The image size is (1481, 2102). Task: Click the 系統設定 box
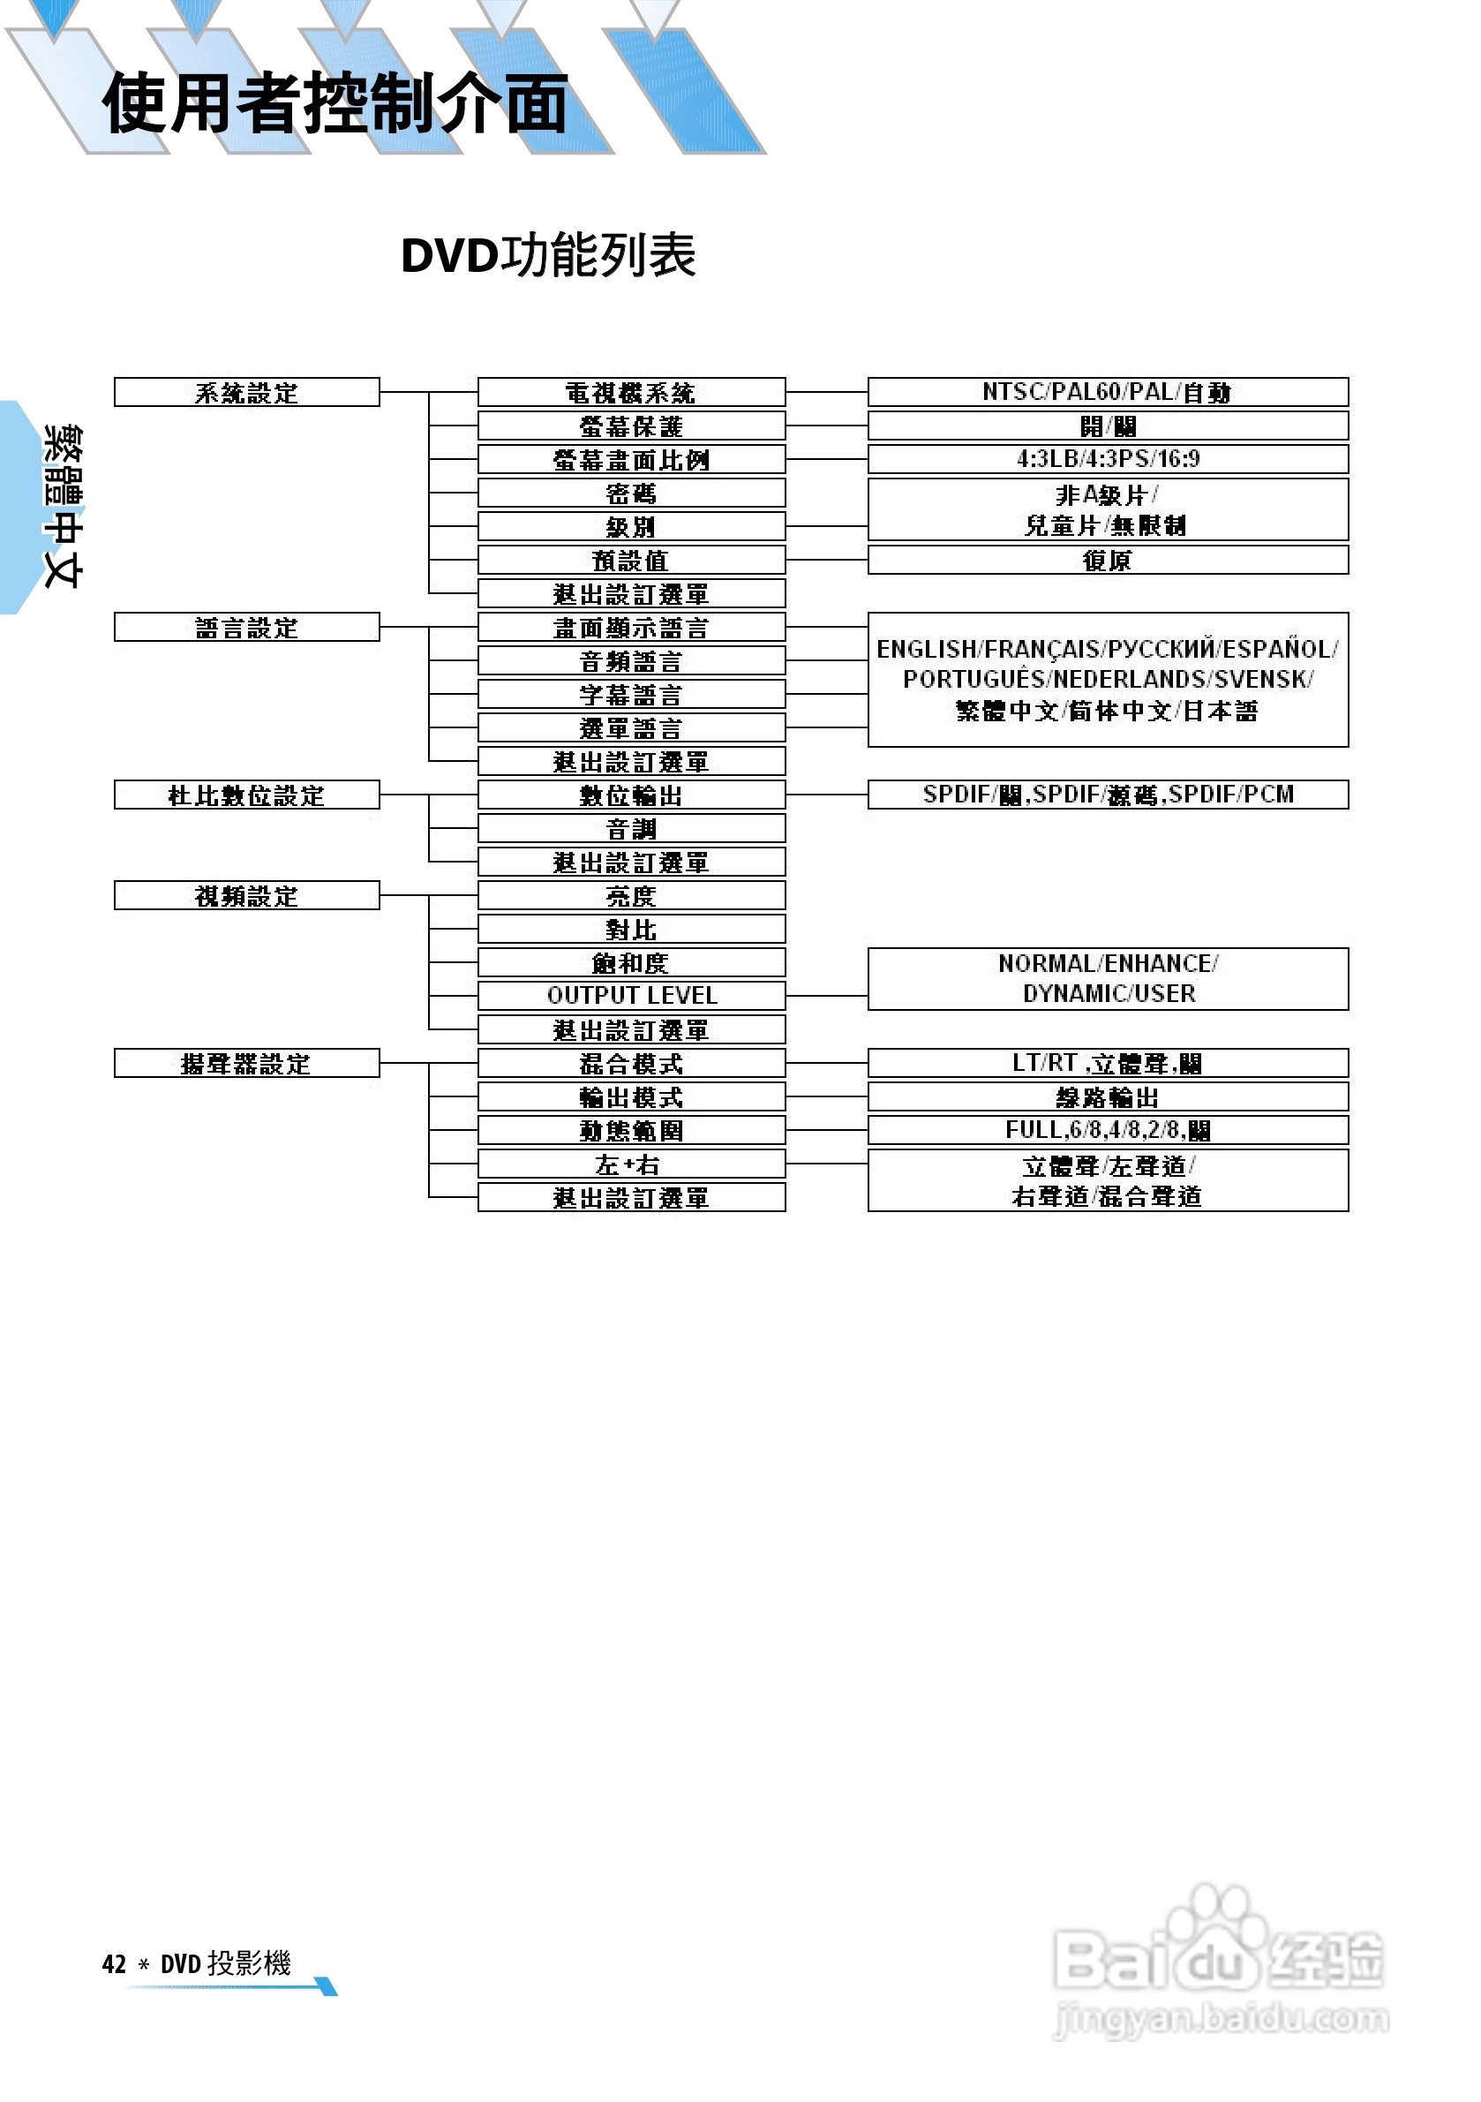point(246,392)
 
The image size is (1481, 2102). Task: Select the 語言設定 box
point(246,627)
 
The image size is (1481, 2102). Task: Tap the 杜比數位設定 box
point(246,795)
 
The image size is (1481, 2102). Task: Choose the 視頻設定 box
point(246,895)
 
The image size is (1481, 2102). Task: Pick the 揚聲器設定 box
point(246,1063)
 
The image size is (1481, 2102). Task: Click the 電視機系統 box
point(631,392)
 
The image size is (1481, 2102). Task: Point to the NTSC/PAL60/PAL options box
point(1108,392)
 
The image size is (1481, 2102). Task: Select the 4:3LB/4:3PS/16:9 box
point(1108,459)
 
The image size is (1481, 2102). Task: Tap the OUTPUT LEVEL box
point(631,995)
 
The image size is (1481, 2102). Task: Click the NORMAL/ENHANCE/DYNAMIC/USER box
point(1108,979)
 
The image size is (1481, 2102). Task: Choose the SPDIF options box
point(1108,795)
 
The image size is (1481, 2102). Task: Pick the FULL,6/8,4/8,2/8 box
point(1108,1130)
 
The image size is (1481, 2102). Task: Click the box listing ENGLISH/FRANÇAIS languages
point(1108,679)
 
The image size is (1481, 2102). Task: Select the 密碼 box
point(631,493)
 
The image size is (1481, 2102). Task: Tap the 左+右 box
point(631,1164)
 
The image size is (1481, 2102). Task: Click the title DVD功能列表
point(548,255)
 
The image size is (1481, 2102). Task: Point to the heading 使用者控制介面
point(335,103)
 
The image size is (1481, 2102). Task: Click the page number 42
point(114,1963)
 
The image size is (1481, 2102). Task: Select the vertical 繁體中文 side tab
point(63,506)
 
